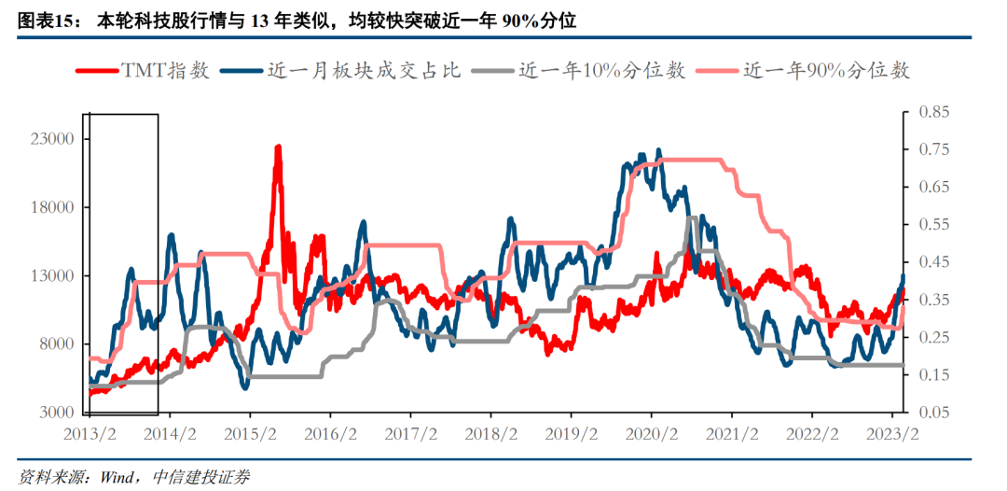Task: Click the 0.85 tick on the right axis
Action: point(933,112)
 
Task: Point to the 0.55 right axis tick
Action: point(933,224)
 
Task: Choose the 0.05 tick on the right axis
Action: point(933,413)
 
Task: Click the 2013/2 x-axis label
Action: point(89,434)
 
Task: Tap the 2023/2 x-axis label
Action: point(892,434)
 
